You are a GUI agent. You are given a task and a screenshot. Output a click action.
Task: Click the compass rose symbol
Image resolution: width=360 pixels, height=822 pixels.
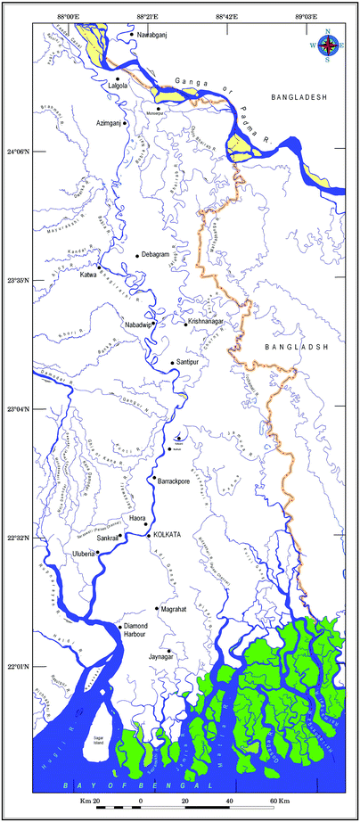[x=328, y=45]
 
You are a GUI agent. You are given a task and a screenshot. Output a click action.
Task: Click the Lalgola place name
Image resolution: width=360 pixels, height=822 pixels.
[x=118, y=86]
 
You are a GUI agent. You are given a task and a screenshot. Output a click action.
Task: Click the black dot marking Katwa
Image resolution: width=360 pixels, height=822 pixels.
[x=99, y=267]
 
